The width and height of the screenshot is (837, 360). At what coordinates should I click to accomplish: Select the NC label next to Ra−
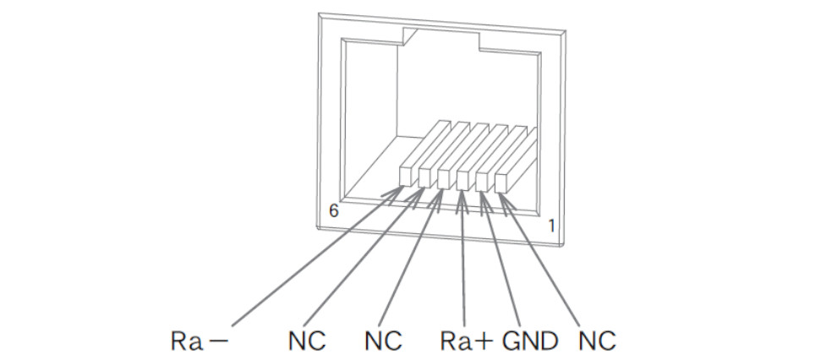click(x=306, y=341)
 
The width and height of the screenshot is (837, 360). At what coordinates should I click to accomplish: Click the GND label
click(x=530, y=341)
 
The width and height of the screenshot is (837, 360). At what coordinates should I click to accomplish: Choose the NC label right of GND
click(x=597, y=341)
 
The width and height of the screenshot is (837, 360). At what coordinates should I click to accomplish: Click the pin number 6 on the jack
click(x=334, y=211)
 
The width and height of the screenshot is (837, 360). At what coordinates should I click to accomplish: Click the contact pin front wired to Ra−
click(x=408, y=175)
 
